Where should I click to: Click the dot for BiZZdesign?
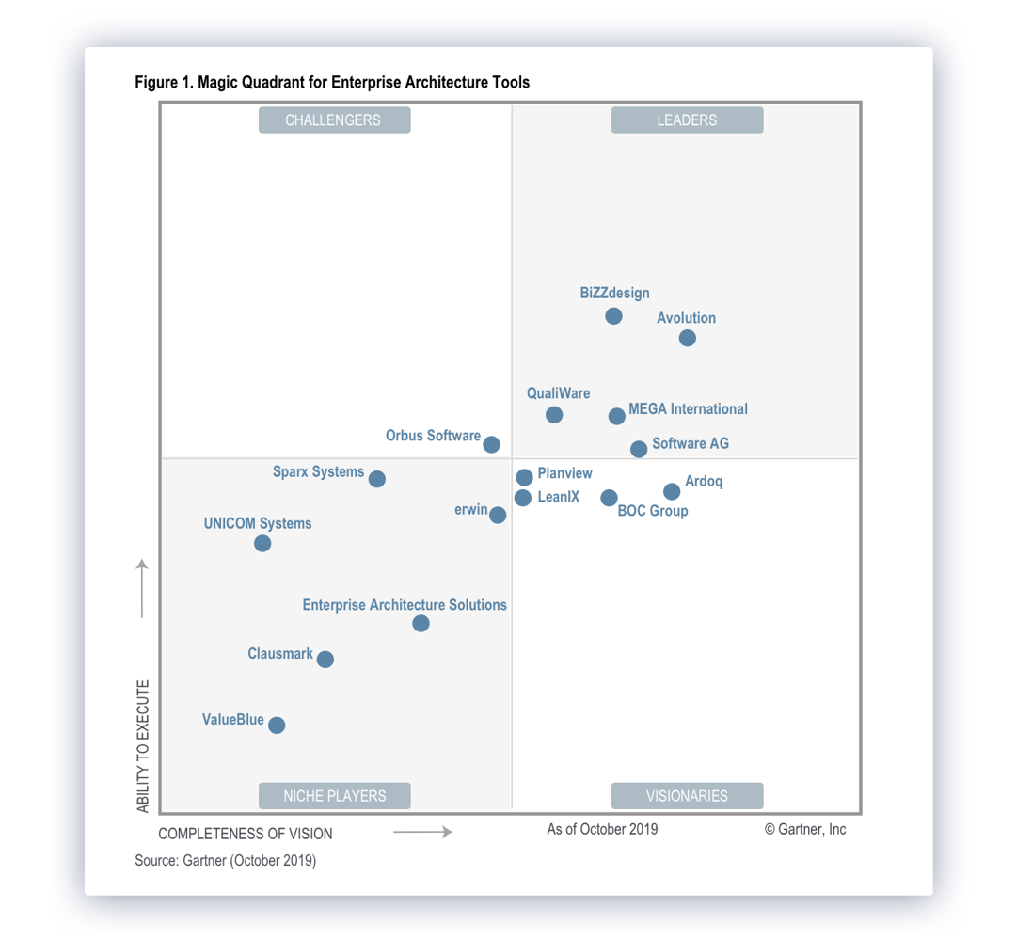613,316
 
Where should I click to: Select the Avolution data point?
688,338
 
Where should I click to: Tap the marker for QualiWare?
554,415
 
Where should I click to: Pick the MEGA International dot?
616,416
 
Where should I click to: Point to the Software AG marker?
639,450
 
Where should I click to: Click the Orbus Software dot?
491,444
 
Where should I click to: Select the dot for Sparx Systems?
377,479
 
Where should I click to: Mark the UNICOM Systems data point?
262,544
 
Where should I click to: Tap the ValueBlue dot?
277,725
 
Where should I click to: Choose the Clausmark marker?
325,660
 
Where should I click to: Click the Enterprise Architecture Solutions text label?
405,605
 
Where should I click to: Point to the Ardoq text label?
704,482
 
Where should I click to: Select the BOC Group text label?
653,511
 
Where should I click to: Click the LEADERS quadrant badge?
687,120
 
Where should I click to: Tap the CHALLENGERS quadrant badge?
334,120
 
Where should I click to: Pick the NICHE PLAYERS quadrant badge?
335,796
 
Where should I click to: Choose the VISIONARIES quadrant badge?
687,796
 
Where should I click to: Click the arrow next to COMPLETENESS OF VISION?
422,832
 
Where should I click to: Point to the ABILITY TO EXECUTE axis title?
143,746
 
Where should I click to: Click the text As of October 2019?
602,829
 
